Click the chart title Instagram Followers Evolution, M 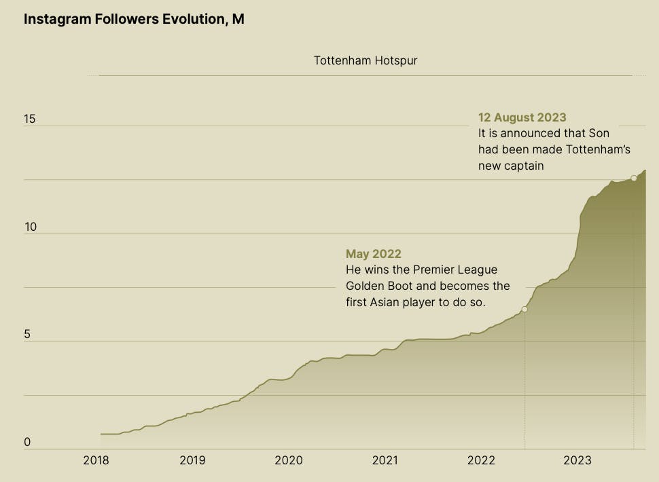134,19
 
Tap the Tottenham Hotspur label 366,60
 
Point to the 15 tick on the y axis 29,119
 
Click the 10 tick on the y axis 29,227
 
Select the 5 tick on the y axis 27,335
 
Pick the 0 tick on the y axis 27,443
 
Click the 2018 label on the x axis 96,461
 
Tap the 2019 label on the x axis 192,461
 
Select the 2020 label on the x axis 288,461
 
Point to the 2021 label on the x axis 385,461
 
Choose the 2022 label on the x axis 481,461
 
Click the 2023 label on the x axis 577,461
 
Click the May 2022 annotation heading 374,254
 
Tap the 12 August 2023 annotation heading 522,117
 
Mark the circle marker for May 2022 524,309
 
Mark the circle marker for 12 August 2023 634,178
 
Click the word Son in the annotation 599,134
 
